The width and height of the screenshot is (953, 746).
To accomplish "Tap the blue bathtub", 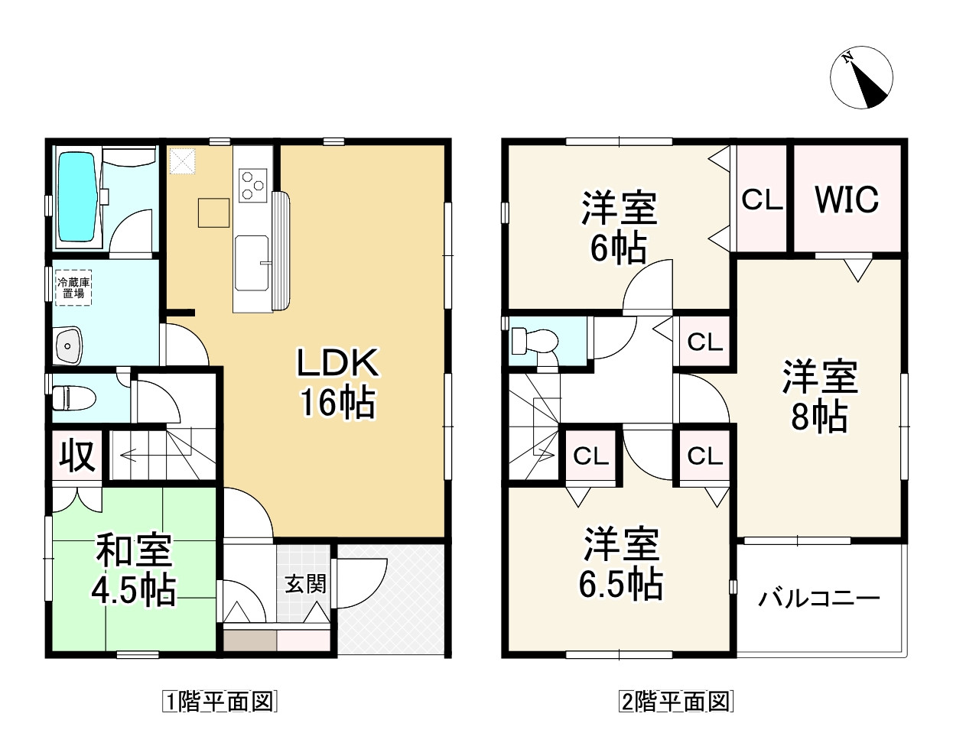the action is pos(77,196).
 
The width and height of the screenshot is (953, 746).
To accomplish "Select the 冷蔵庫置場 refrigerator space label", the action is pos(73,287).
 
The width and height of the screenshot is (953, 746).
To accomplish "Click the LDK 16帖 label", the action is pos(338,382).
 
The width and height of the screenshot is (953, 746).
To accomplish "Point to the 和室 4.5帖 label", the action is pos(134,569).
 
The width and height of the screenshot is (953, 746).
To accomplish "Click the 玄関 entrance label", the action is pos(306,584).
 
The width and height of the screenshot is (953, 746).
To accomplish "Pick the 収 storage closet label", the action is pos(77,456).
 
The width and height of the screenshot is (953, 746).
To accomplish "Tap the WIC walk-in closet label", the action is pos(847,199).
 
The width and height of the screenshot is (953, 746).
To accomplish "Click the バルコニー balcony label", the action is pos(819,598).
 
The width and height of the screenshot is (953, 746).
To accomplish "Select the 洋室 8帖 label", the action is pos(820,396).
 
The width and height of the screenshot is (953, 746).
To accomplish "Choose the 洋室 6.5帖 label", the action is pos(621,564).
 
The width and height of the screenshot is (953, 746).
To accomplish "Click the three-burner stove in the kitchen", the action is pos(253,186).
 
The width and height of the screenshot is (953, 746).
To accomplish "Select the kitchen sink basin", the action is pos(252,263).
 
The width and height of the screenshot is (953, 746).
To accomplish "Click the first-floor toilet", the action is pos(74,398).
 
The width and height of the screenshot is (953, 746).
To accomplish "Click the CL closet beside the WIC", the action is pos(763,199).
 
